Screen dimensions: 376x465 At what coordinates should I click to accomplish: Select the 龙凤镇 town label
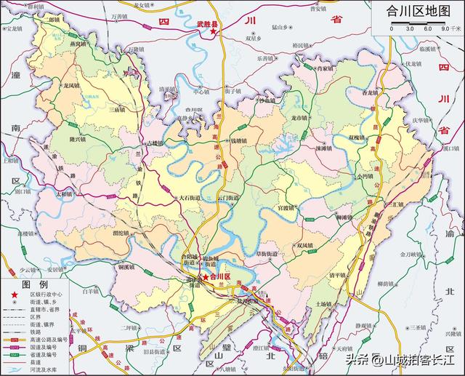click(x=71, y=86)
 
